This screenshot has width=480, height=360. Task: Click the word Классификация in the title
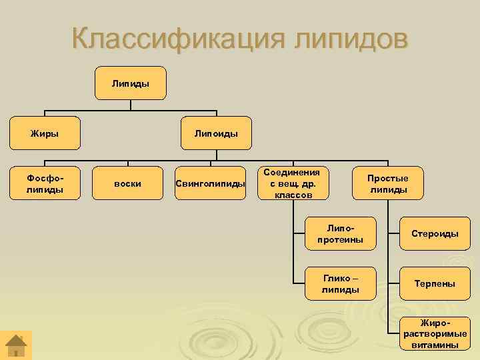click(x=176, y=38)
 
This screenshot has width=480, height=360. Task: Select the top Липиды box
click(x=131, y=83)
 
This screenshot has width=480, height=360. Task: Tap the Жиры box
click(x=45, y=133)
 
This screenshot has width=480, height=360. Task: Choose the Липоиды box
click(x=216, y=133)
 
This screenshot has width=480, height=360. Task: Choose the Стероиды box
click(x=435, y=233)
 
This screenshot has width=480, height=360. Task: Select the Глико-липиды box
click(x=340, y=283)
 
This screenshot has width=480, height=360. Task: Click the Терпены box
click(x=435, y=283)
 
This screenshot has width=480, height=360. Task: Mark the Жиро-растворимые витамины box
click(x=435, y=333)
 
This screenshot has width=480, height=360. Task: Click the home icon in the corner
click(x=16, y=345)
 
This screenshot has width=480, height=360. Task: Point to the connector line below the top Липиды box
click(x=131, y=105)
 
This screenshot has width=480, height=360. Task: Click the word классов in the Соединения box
click(x=293, y=195)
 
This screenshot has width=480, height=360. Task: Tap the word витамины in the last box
click(x=435, y=345)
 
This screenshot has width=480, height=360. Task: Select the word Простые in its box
click(x=388, y=178)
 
